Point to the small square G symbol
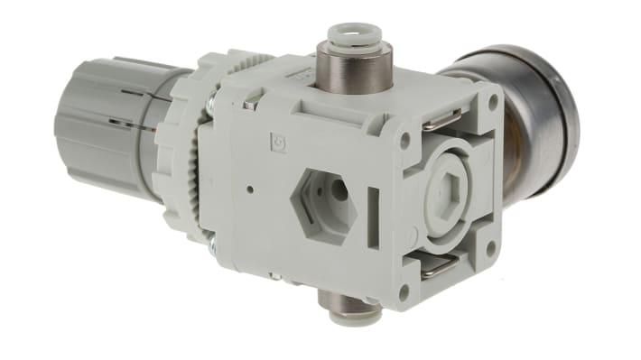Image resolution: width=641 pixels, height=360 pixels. point(278,142)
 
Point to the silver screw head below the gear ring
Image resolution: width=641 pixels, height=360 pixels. point(212,242)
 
